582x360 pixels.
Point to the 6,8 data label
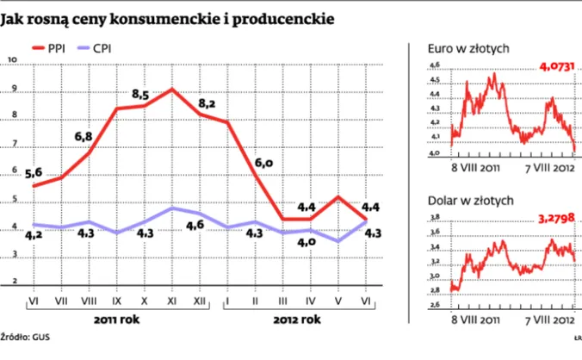click(x=84, y=136)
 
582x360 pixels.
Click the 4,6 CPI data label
click(x=195, y=226)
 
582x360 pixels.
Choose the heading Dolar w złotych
click(x=466, y=201)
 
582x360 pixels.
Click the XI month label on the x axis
click(x=171, y=301)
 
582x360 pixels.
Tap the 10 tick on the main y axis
click(x=11, y=60)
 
